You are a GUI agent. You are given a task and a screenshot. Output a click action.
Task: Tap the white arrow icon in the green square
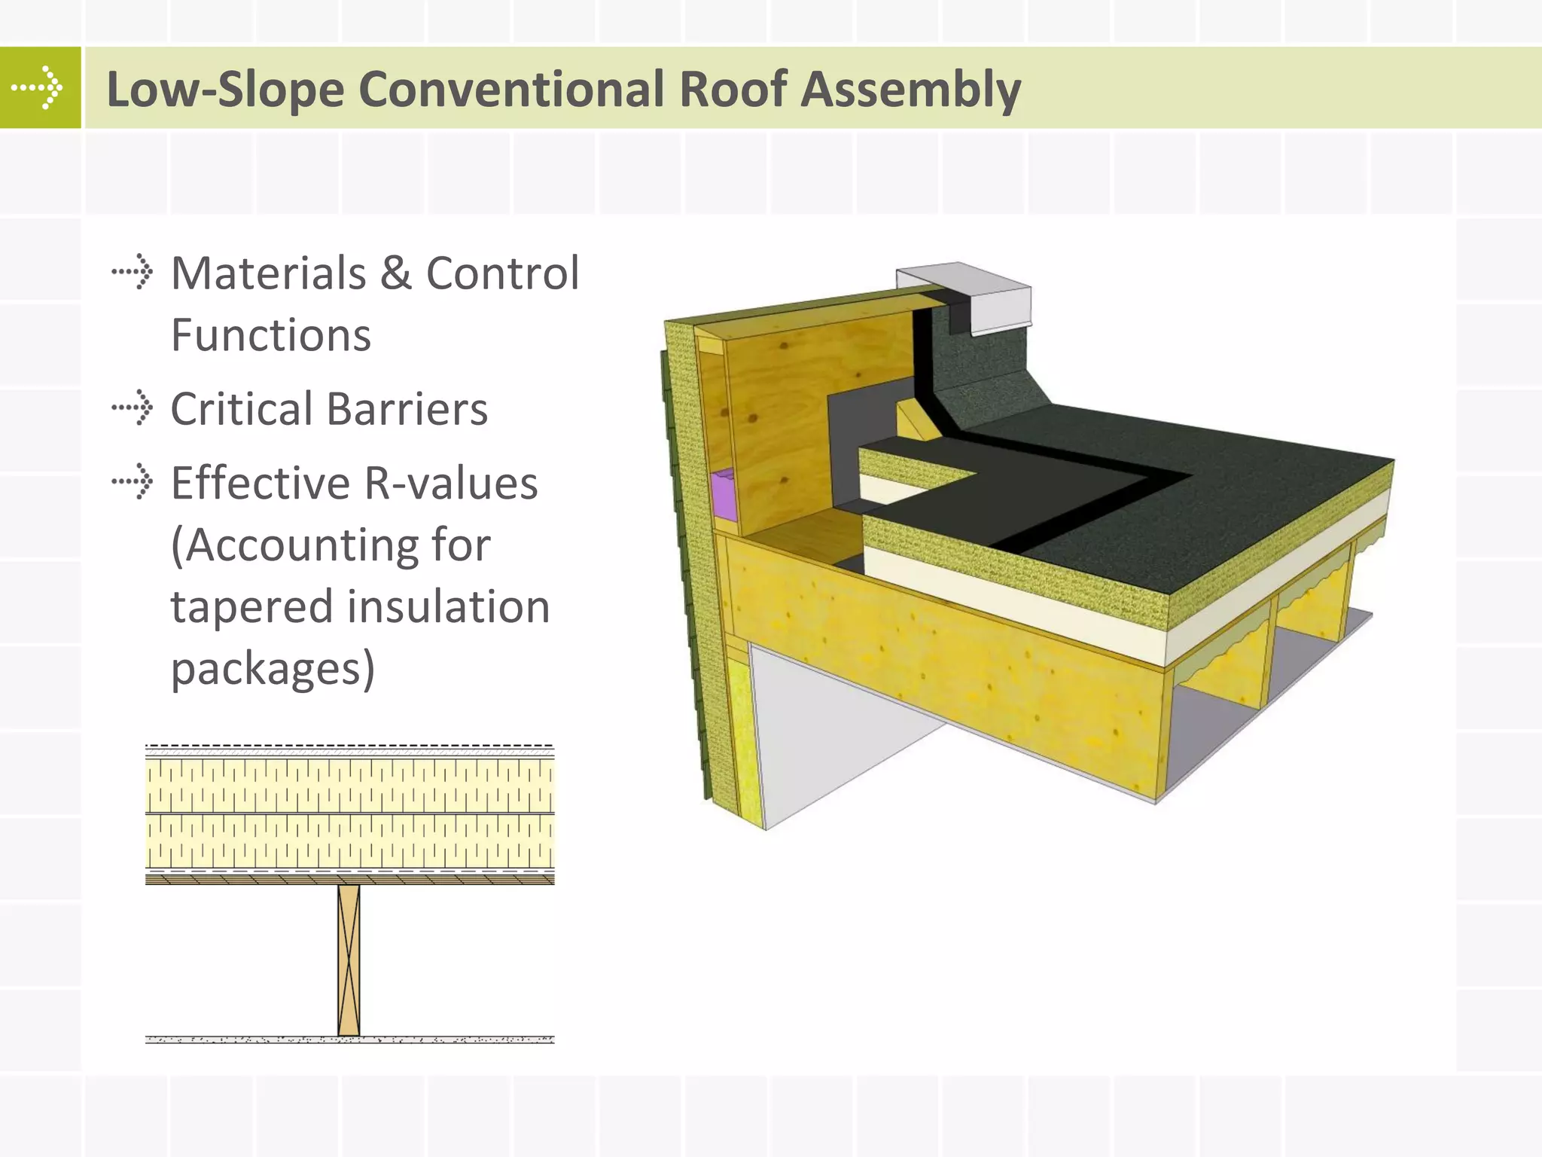click(39, 88)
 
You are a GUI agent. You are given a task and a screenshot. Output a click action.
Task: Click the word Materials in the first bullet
click(268, 273)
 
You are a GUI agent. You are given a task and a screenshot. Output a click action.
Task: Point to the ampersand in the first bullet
click(396, 273)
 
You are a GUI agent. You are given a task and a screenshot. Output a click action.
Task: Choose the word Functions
click(270, 335)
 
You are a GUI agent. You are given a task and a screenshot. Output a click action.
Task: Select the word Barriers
click(407, 409)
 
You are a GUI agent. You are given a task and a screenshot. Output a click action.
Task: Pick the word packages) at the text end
click(272, 669)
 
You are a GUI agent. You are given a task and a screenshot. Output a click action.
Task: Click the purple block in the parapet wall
click(724, 494)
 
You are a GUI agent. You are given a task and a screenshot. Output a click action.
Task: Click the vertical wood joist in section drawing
click(349, 960)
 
